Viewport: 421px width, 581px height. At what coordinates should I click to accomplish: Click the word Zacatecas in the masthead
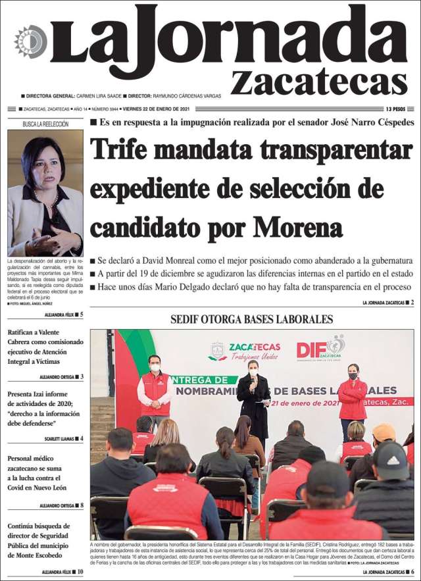319,82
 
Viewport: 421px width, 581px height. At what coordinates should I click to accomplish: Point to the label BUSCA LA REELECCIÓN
45,124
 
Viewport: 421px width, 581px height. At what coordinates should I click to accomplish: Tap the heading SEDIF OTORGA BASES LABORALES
252,320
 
